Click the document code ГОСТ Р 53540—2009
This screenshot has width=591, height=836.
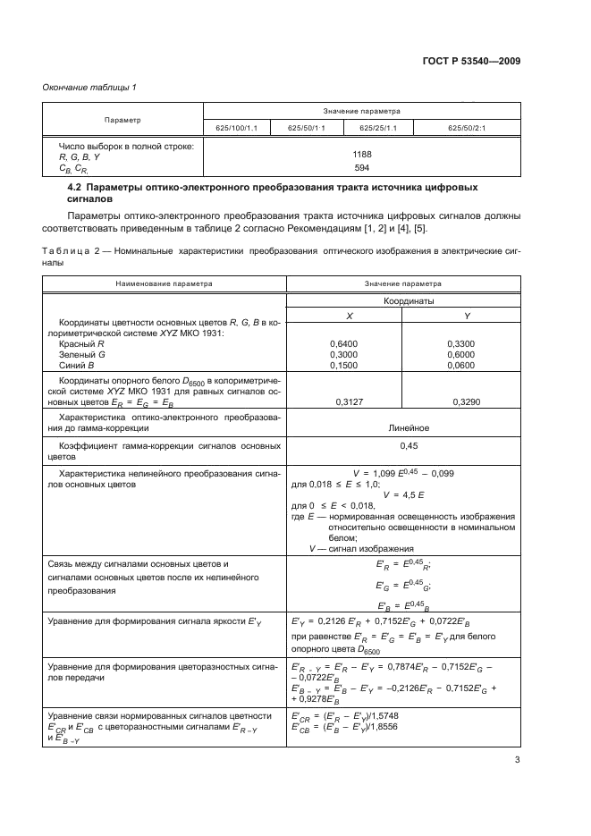tap(473, 61)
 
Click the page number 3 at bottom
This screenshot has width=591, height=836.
tap(517, 761)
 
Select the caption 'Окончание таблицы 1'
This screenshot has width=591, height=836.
tap(89, 87)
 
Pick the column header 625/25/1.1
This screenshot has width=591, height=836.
tap(378, 128)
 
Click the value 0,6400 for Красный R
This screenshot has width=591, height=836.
tap(343, 343)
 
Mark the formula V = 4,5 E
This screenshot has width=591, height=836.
tap(402, 494)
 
